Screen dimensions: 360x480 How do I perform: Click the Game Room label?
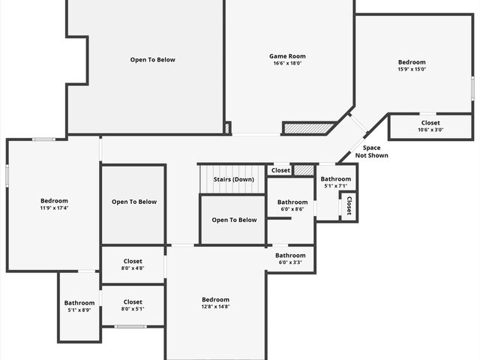(287, 56)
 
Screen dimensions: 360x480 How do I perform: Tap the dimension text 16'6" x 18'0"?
(287, 64)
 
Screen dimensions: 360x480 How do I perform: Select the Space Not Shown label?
(371, 151)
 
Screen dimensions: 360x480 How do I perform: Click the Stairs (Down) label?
(233, 179)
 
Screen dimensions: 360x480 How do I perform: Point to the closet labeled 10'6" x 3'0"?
(430, 126)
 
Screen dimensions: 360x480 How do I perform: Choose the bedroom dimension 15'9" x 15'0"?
(412, 69)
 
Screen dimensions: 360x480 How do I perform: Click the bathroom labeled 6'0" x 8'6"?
(292, 205)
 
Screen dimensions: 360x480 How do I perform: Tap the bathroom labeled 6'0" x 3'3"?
(290, 259)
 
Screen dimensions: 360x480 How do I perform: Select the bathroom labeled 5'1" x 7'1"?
(335, 182)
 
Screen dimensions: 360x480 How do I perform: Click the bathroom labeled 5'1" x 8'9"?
(79, 306)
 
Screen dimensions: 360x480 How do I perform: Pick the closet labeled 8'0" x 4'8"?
(133, 264)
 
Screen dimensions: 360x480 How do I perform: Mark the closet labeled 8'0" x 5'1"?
(133, 305)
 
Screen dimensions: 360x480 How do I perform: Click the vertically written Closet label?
(349, 206)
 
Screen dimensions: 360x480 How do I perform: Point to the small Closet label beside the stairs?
(280, 170)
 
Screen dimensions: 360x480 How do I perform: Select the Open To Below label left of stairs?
(134, 202)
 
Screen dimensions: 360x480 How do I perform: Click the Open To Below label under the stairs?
(234, 220)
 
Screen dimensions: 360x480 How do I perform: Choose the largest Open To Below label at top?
(152, 60)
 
